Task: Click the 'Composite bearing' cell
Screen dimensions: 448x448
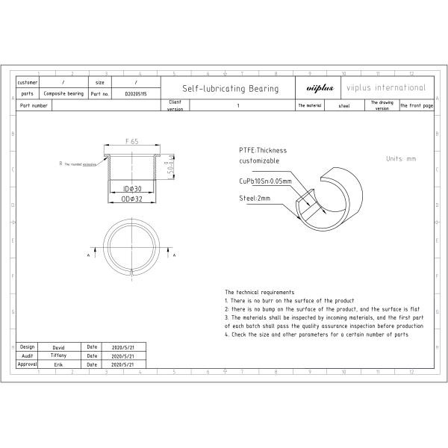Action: coord(63,94)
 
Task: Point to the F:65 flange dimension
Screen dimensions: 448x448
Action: coord(133,140)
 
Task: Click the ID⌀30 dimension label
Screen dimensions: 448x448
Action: coord(132,190)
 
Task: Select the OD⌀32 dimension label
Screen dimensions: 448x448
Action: coord(132,199)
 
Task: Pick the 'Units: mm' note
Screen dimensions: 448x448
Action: coord(401,159)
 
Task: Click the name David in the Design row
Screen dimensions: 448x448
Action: coord(59,347)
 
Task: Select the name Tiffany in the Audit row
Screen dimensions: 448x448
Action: coord(59,355)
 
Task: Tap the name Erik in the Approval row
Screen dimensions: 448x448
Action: coord(59,364)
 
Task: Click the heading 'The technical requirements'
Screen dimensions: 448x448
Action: coord(259,292)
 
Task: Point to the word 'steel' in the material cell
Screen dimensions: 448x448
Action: coord(344,106)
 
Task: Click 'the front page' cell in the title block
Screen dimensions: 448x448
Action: coord(416,106)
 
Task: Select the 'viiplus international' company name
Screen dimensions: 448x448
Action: coord(386,88)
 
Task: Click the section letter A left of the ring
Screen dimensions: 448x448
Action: coord(90,255)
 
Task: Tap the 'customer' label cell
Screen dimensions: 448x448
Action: coord(27,82)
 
